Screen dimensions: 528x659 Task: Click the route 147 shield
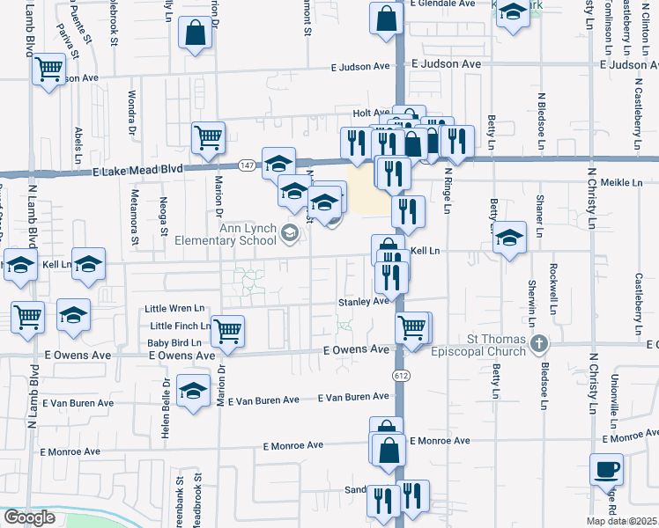[248, 165]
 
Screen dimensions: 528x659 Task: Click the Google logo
[29, 517]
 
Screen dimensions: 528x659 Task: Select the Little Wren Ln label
[175, 309]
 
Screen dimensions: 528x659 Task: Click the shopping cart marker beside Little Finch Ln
[228, 331]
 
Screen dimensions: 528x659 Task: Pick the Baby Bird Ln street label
[174, 342]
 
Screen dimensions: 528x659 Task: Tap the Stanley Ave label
[364, 301]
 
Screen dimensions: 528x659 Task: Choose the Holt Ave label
[370, 114]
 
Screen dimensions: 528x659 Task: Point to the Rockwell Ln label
[554, 289]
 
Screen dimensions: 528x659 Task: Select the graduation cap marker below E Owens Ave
[193, 392]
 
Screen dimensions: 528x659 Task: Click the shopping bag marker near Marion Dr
[195, 35]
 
